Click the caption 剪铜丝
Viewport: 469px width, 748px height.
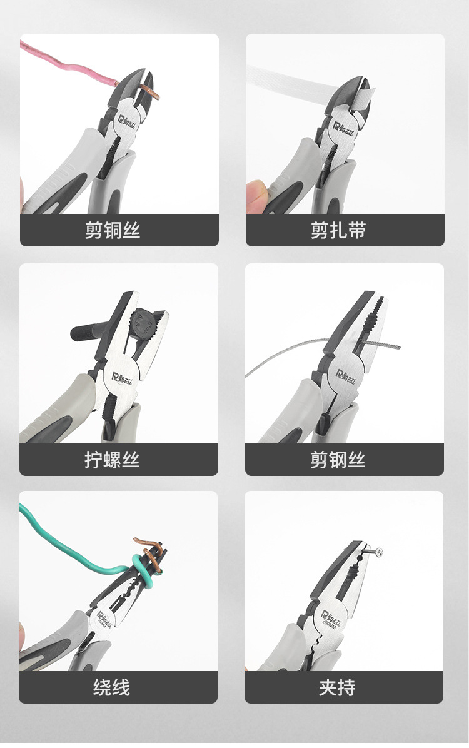pos(113,230)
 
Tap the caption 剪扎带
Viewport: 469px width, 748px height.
pos(338,230)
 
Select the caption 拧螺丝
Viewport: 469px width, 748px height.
pos(113,460)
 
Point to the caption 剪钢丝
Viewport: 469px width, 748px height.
pos(338,460)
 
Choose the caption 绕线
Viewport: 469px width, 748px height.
pos(113,688)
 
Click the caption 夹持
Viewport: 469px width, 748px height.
pos(338,688)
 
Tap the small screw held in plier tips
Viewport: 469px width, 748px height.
pos(376,552)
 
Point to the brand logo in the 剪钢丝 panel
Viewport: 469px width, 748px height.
pos(346,375)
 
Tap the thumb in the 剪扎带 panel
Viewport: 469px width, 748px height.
pos(256,191)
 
